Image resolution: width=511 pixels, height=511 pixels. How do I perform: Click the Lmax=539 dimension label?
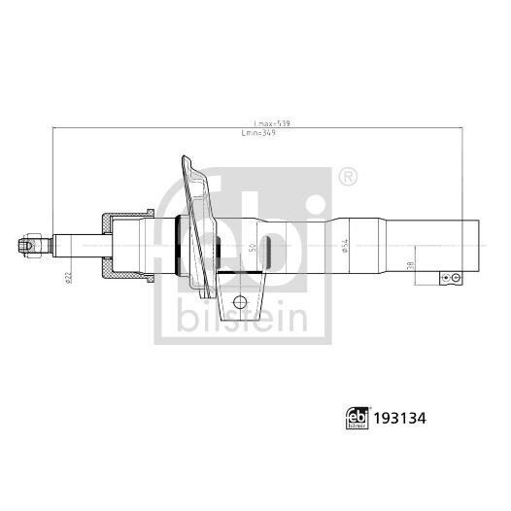coord(271,123)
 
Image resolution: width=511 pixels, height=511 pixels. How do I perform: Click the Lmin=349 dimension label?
coord(271,134)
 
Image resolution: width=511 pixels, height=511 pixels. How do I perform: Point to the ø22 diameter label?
coord(69,279)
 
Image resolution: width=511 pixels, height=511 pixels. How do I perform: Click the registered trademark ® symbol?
coord(347,176)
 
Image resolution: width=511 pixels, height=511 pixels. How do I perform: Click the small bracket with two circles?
coord(450,278)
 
